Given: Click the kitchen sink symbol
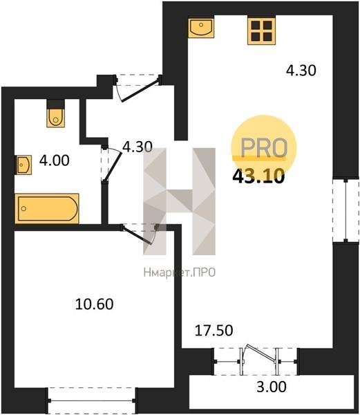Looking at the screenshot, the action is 201,28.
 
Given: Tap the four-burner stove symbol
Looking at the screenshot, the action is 261,31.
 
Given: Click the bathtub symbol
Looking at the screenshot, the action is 47,209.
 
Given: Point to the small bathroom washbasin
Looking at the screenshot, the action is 24,165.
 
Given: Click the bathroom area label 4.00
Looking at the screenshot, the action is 55,160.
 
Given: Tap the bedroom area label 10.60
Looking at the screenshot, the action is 95,304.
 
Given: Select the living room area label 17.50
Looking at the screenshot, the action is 214,331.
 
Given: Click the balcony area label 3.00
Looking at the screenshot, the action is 272,387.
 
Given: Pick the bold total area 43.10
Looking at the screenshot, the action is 258,176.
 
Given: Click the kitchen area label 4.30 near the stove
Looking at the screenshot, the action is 301,71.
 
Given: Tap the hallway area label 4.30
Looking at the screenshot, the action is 138,147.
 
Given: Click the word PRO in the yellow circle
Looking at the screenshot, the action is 264,148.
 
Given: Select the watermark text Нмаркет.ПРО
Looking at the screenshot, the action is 180,273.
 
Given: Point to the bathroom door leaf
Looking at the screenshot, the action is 113,166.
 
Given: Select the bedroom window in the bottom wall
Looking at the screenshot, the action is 92,400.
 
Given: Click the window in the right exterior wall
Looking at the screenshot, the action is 345,210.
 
